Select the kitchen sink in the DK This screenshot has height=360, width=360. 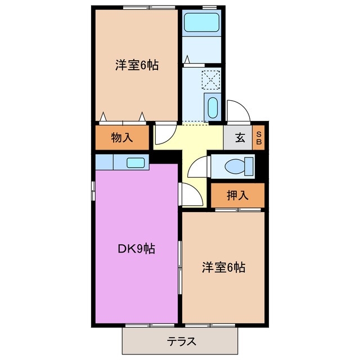tap(136, 163)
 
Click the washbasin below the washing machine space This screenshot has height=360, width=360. tap(211, 107)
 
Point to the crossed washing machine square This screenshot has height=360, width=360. tap(211, 79)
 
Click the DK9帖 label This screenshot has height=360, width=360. tap(136, 248)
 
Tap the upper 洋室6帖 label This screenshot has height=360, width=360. tap(136, 65)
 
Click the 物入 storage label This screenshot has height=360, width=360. tap(121, 138)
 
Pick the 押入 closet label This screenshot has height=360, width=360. tap(237, 195)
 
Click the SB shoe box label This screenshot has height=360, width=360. tap(259, 138)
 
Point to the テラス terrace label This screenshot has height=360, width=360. tap(182, 341)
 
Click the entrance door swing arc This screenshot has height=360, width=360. tap(236, 111)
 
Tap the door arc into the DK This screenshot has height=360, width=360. tap(189, 194)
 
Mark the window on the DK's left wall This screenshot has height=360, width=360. tap(93, 190)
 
